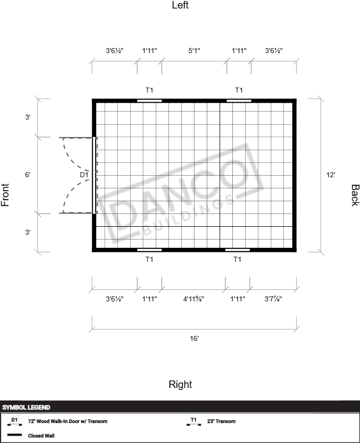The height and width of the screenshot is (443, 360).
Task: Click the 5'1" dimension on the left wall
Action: point(194,51)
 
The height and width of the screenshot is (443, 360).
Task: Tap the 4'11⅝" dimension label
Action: point(194,299)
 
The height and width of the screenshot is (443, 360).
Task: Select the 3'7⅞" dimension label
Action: point(273,299)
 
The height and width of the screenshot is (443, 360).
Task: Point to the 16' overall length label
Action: point(194,338)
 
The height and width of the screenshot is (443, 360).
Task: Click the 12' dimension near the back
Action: point(330,175)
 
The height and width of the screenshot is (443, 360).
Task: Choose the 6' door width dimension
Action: point(28,175)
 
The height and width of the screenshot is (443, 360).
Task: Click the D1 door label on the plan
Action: point(84,175)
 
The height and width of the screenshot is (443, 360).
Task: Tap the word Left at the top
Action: point(180,5)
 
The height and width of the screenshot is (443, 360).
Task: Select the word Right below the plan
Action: point(180,384)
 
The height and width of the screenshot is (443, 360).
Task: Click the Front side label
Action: point(5,195)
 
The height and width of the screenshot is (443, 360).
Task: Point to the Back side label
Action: point(355,195)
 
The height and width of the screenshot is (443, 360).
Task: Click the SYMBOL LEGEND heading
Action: point(26,407)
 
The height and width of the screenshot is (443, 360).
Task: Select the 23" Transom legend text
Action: point(221,421)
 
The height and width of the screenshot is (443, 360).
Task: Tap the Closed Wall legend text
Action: point(41,435)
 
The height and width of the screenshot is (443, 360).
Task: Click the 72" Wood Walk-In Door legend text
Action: point(68,421)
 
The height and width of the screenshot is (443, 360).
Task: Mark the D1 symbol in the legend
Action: point(15,421)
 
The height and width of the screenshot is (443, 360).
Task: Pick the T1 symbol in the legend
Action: point(194,421)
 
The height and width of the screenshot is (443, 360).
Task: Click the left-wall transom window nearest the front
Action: point(150,101)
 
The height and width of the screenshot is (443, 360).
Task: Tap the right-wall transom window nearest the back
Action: point(238,250)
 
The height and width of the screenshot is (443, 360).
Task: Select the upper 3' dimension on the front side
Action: point(28,117)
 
